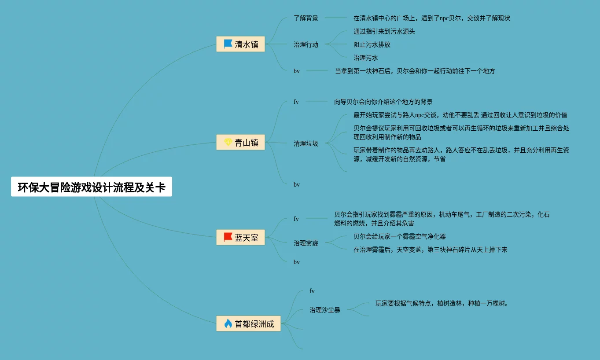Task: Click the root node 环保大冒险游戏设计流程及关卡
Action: tap(92, 187)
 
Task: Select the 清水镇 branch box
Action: tap(240, 44)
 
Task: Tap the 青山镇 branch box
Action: tap(240, 142)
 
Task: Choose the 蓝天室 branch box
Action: tap(240, 238)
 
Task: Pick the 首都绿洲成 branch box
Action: tap(248, 323)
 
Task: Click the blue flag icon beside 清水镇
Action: tap(228, 44)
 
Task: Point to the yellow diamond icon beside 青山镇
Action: tap(228, 142)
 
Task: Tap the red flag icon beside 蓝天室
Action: tap(228, 238)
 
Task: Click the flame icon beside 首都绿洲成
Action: tap(228, 323)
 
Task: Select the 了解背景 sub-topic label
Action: tap(306, 18)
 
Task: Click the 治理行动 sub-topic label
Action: tap(306, 44)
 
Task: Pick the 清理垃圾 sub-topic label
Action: tap(306, 143)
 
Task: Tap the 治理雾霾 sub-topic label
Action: tap(306, 242)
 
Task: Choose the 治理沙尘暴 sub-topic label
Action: tap(325, 310)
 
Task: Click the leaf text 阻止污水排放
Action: tap(372, 44)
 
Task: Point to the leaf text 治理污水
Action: tap(366, 58)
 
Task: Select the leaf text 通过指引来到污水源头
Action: tap(384, 31)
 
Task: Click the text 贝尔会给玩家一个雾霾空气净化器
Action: tap(400, 236)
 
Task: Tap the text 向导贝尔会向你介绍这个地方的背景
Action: tap(383, 102)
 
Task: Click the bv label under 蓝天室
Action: tap(297, 262)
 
